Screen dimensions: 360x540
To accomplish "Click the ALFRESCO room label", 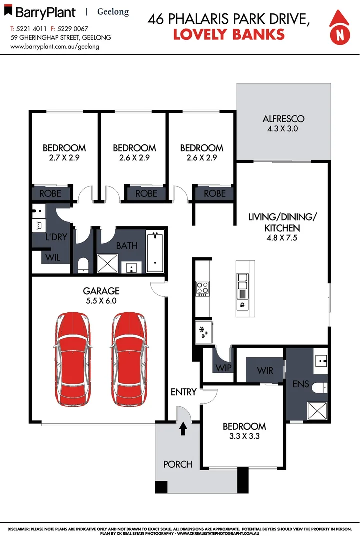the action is click(x=283, y=119).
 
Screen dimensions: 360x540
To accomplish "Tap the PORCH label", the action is click(x=178, y=464).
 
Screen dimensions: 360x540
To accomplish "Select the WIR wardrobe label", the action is click(x=265, y=371).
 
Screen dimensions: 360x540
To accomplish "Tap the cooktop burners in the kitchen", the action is click(x=203, y=288).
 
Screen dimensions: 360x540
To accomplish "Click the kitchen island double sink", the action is click(x=242, y=282).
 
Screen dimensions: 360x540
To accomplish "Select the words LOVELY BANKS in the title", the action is click(x=229, y=34).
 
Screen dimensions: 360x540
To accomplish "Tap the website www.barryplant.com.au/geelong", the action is click(x=55, y=46).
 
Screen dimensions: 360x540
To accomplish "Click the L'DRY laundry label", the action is click(x=56, y=237).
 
